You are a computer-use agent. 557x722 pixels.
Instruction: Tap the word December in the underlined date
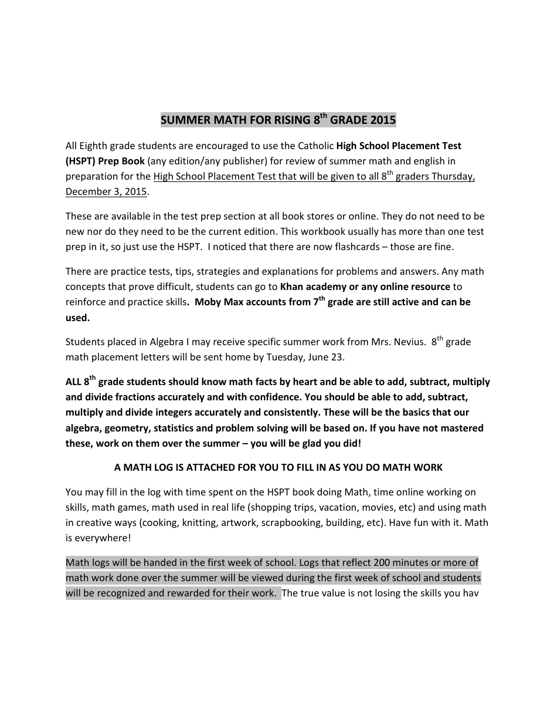88,192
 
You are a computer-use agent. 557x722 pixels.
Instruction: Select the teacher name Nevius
406,342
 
